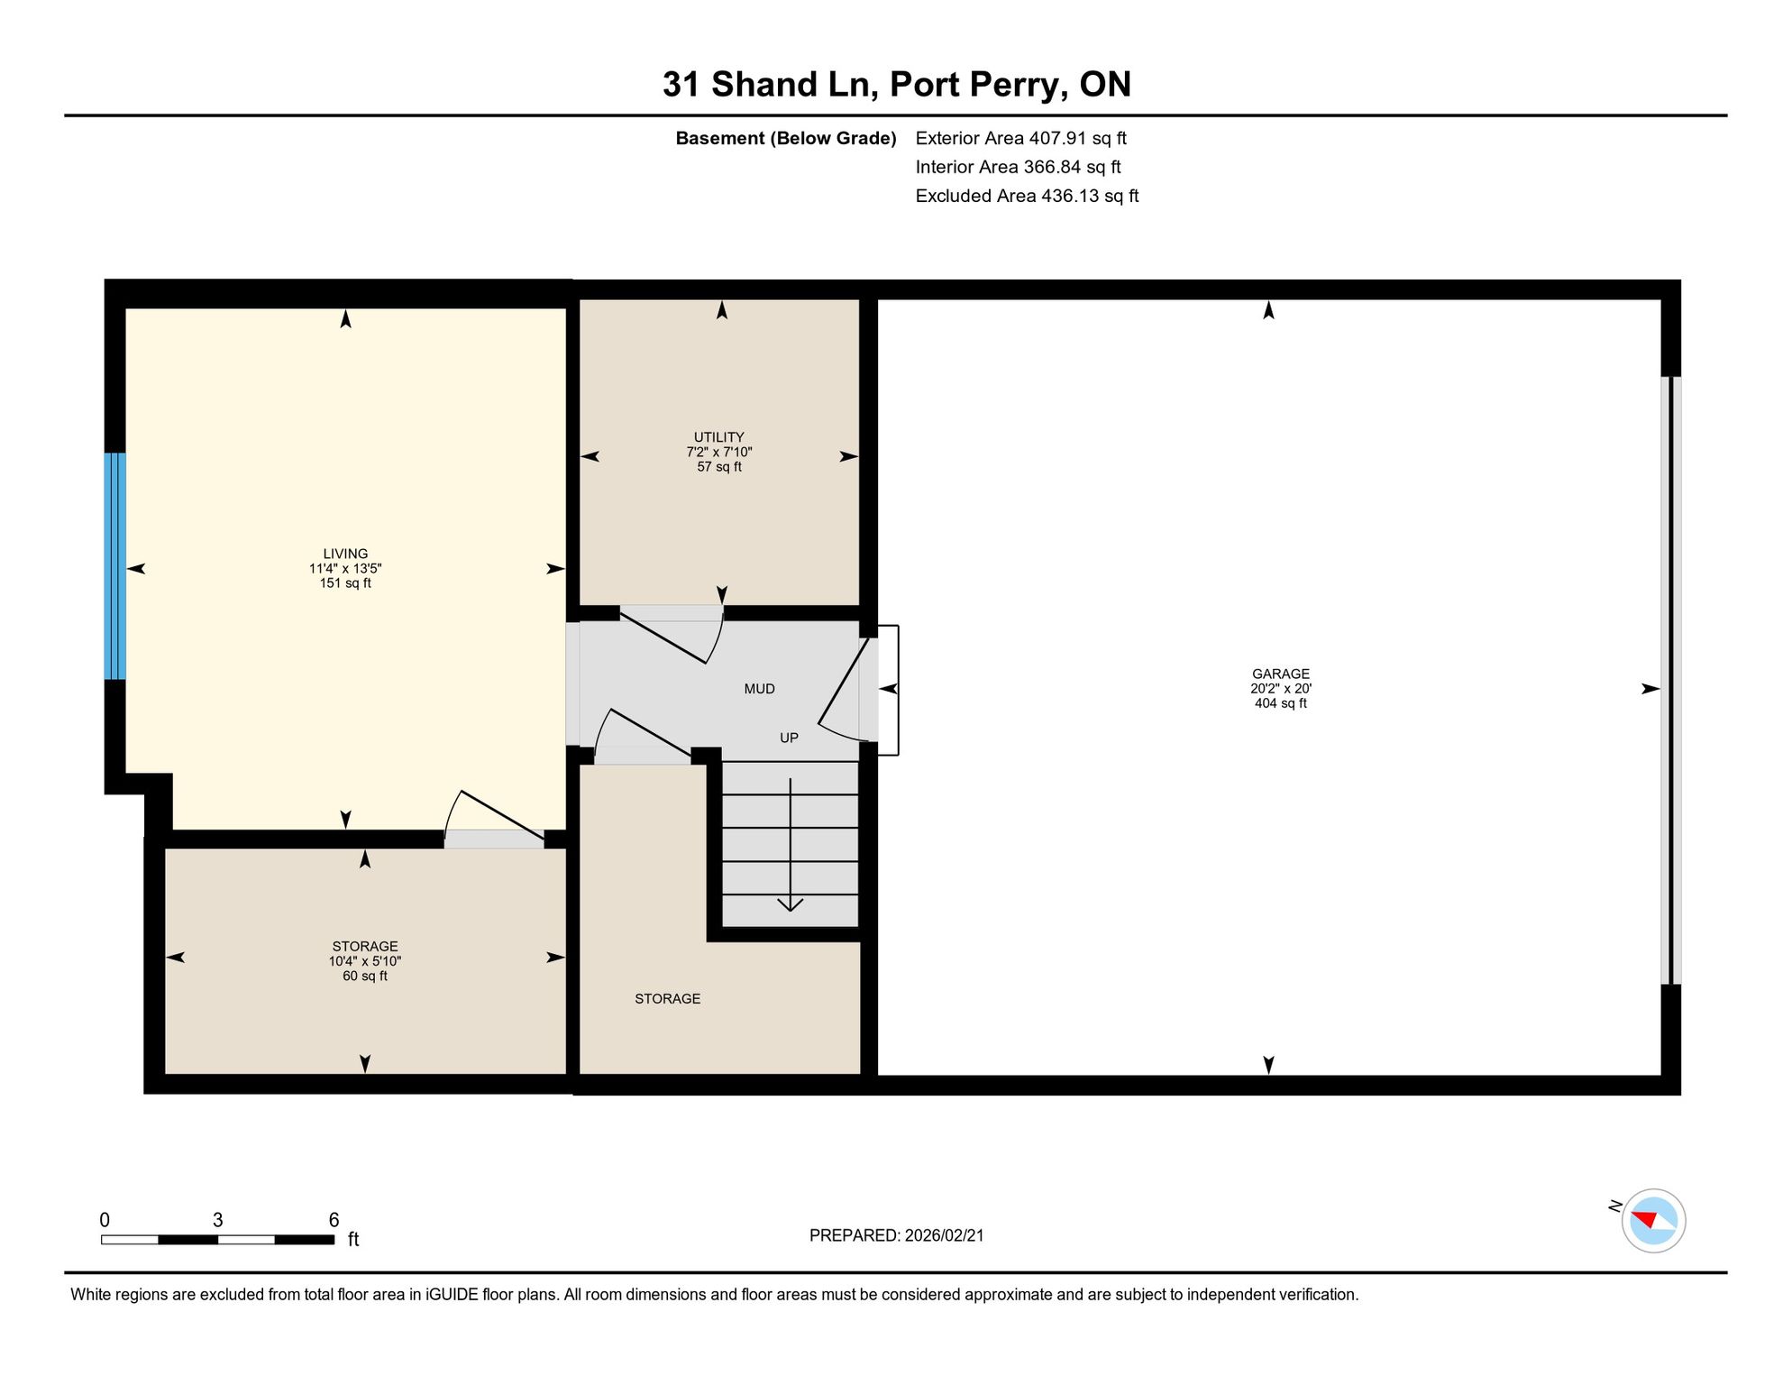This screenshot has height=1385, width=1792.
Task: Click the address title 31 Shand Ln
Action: click(771, 85)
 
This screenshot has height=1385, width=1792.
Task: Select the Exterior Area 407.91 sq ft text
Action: click(1020, 138)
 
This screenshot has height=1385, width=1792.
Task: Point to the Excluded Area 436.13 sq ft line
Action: click(1027, 196)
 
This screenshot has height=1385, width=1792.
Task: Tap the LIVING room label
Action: click(345, 554)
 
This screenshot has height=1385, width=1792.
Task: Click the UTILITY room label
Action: click(718, 437)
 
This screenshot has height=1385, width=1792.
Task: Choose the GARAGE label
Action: click(1280, 674)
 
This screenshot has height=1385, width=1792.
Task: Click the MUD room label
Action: click(759, 689)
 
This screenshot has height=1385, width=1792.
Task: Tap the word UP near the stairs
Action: click(789, 738)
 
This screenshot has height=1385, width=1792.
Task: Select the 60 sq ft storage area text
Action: click(365, 976)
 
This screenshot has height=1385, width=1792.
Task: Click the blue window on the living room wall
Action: click(114, 565)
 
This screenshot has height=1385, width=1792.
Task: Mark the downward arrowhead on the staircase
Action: click(791, 903)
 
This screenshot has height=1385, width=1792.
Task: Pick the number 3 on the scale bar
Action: click(217, 1220)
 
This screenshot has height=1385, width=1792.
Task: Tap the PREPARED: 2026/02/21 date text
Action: click(896, 1235)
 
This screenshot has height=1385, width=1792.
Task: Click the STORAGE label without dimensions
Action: click(667, 998)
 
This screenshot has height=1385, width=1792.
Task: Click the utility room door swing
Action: click(671, 635)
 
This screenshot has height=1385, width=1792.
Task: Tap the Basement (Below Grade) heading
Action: click(786, 138)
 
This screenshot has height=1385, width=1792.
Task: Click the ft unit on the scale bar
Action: click(353, 1239)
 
